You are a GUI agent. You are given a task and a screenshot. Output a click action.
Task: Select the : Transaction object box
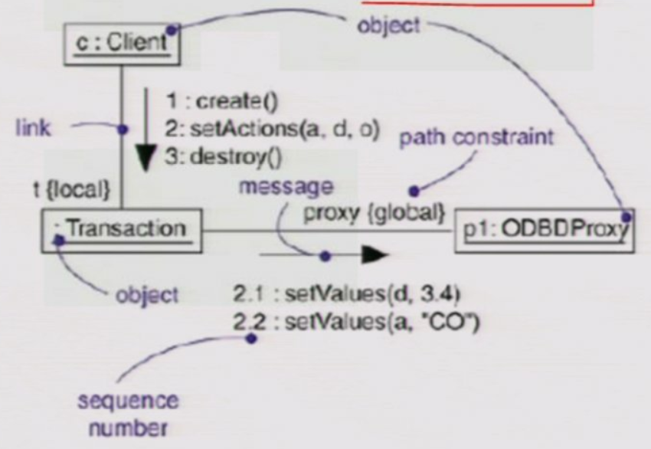tap(123, 228)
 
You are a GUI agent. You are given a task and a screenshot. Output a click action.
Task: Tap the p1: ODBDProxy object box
tap(544, 228)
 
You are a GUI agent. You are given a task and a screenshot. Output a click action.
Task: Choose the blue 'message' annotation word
tap(286, 186)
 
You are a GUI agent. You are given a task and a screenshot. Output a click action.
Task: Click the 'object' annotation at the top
tap(388, 25)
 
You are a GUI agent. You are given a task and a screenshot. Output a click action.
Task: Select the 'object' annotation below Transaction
tap(146, 294)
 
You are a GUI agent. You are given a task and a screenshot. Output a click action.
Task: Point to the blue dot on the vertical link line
tap(121, 129)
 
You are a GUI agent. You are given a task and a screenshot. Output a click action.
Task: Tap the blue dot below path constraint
tap(414, 191)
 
